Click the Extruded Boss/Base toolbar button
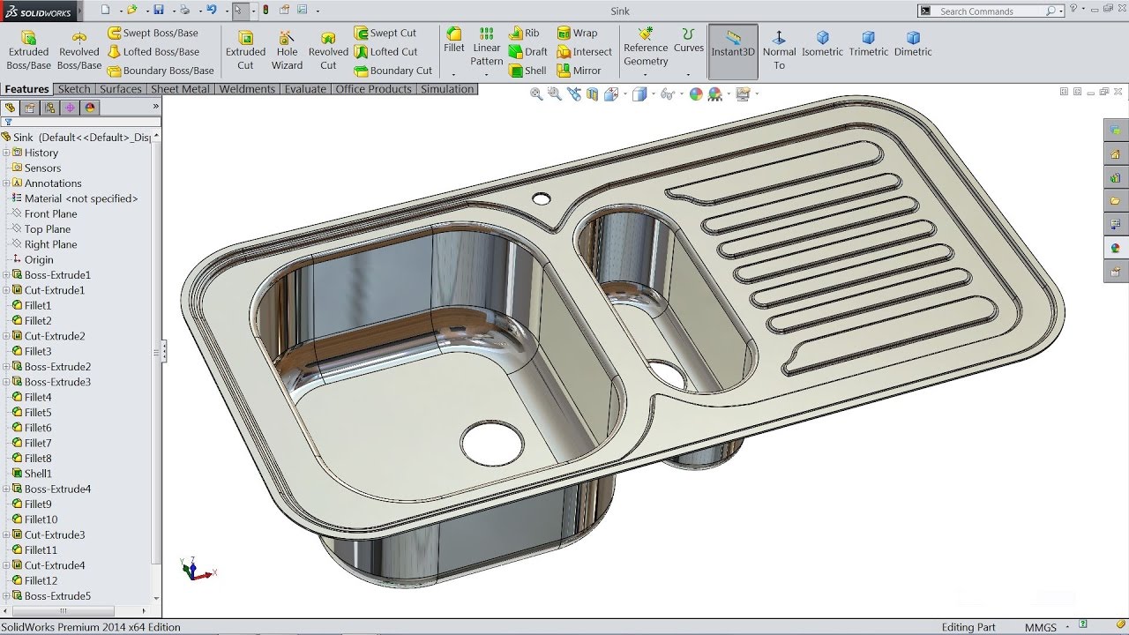pos(28,49)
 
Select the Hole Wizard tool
pos(287,49)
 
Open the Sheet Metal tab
pos(180,89)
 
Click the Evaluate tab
pos(305,89)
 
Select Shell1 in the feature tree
pos(38,474)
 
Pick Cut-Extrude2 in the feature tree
pos(55,336)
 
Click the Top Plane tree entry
pos(48,229)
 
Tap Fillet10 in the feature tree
pos(41,519)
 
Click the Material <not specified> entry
pos(81,198)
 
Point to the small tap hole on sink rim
pos(542,199)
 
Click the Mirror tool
pos(579,71)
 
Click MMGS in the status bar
pos(1041,627)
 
